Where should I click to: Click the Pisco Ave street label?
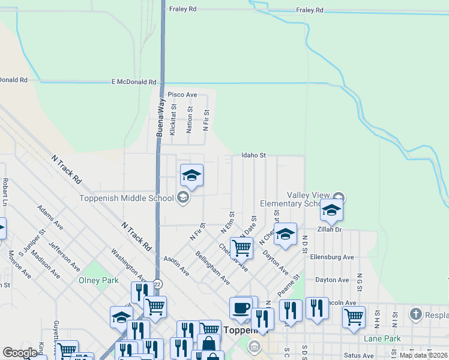(x=182, y=95)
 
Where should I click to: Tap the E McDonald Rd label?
(x=134, y=82)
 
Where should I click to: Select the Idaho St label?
(x=253, y=155)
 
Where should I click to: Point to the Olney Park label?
(x=98, y=280)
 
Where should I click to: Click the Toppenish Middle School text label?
(x=127, y=198)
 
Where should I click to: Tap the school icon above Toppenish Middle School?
(x=192, y=175)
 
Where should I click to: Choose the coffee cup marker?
(x=241, y=308)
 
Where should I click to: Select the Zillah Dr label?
(x=330, y=229)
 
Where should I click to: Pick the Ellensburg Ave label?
(x=332, y=257)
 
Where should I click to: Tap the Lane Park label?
(x=382, y=338)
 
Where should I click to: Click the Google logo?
(x=20, y=353)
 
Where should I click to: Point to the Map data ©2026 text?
(x=424, y=355)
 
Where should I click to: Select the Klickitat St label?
(x=173, y=120)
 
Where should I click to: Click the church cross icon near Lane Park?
(x=415, y=314)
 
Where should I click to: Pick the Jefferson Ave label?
(x=64, y=257)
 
